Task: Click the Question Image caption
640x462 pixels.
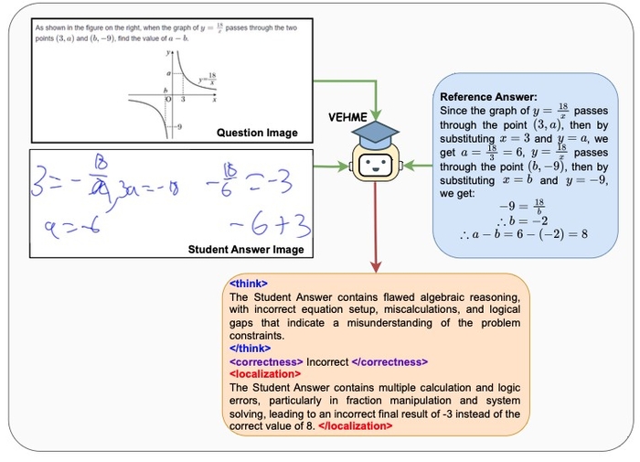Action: tap(257, 133)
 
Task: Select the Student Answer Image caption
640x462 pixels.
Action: tap(246, 249)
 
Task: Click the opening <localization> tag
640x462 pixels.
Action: tap(265, 374)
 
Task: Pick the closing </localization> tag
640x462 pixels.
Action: tap(357, 427)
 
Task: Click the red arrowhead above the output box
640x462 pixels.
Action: tap(375, 267)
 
